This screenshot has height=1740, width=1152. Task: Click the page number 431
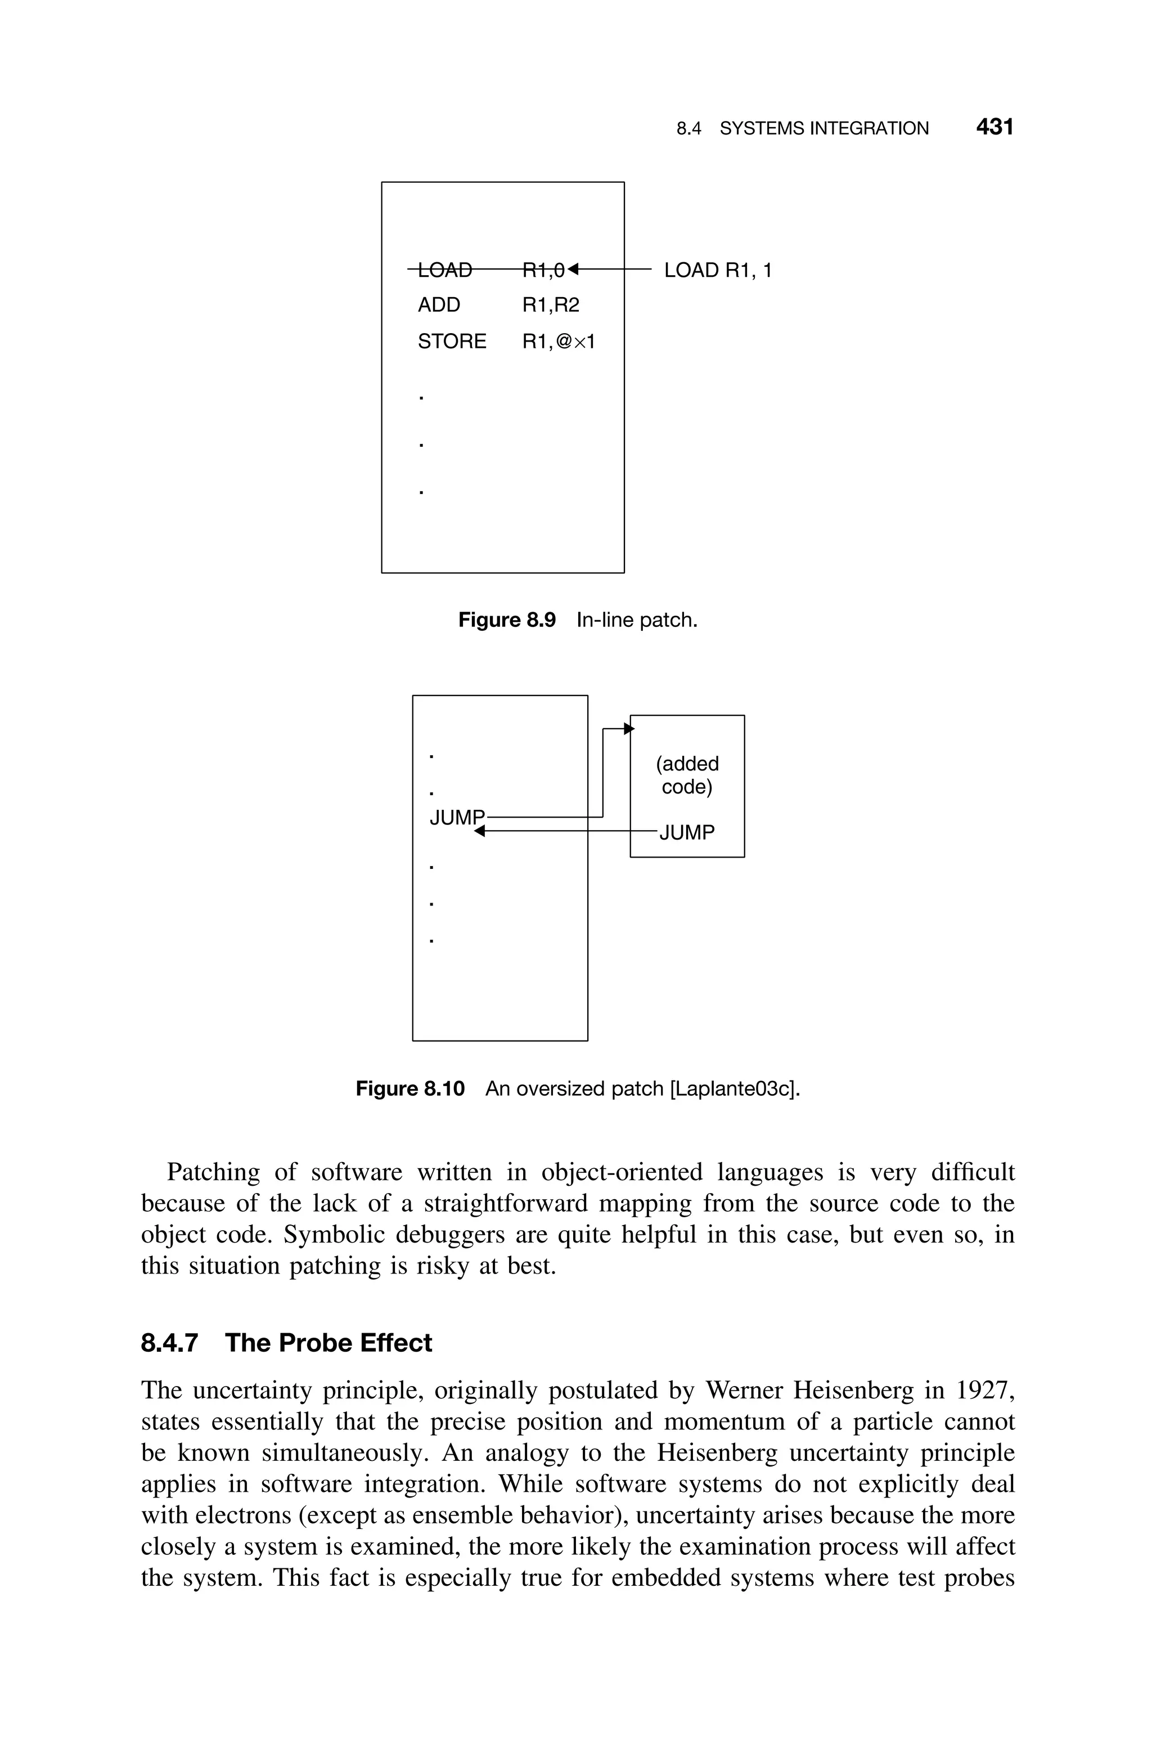point(994,127)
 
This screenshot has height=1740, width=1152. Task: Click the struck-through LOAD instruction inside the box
point(444,271)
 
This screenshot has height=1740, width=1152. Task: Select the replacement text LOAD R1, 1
point(718,271)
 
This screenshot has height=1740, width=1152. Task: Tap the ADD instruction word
point(439,305)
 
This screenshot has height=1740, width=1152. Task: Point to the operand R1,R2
point(550,305)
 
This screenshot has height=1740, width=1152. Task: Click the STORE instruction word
point(452,342)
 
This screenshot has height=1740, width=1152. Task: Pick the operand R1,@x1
point(559,342)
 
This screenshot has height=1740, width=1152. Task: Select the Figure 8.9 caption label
point(507,620)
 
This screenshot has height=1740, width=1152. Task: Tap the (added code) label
point(687,775)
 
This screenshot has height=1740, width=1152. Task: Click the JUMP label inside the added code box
point(687,832)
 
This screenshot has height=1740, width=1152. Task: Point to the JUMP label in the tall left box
point(457,817)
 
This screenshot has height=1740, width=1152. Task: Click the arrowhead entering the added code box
point(628,728)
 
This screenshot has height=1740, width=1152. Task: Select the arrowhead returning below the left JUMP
point(480,831)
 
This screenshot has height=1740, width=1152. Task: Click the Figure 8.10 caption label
point(410,1088)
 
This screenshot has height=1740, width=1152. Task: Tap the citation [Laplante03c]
point(734,1088)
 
